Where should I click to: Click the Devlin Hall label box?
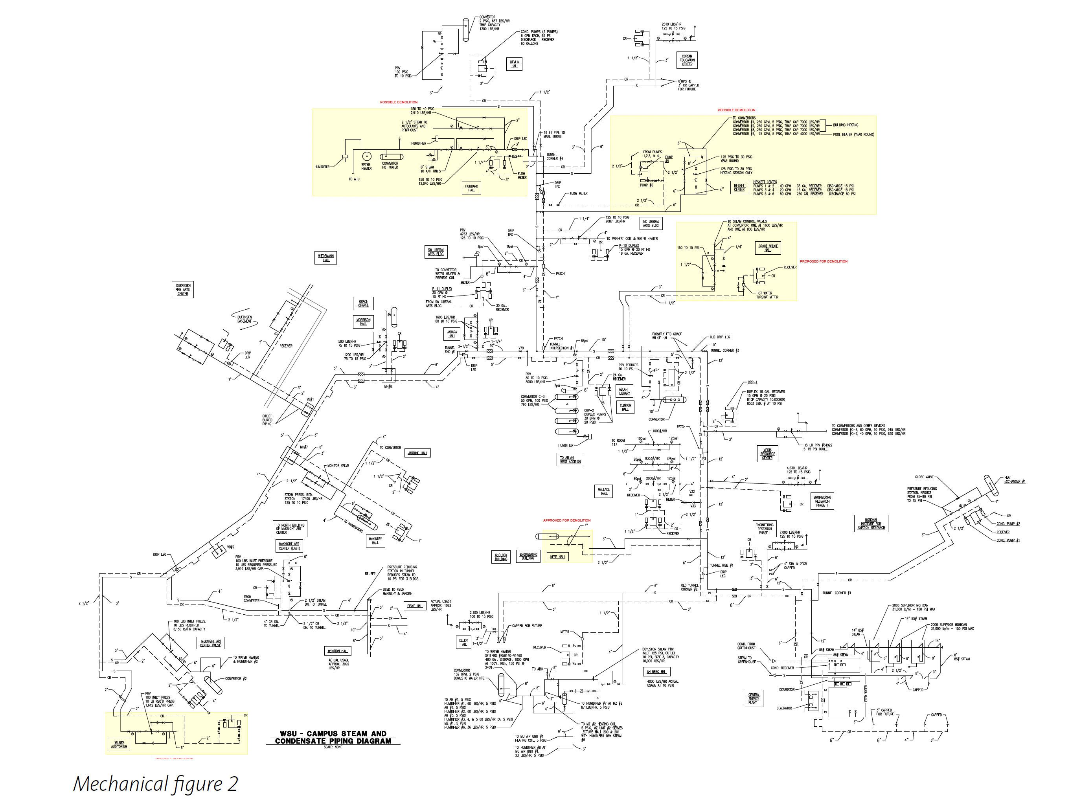[x=514, y=64]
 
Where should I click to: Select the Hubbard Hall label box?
[x=471, y=188]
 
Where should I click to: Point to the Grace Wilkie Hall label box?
[x=768, y=248]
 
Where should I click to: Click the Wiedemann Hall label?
[x=325, y=258]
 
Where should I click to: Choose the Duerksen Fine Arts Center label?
[x=183, y=290]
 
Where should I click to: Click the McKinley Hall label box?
[x=375, y=541]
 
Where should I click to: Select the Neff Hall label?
[x=557, y=557]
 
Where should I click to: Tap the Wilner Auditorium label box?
[x=119, y=744]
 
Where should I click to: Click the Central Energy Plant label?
[x=754, y=698]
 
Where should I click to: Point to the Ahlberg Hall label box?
[x=656, y=672]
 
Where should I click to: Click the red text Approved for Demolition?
[x=566, y=520]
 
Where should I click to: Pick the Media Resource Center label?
[x=767, y=454]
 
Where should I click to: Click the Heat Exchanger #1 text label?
[x=1014, y=479]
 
